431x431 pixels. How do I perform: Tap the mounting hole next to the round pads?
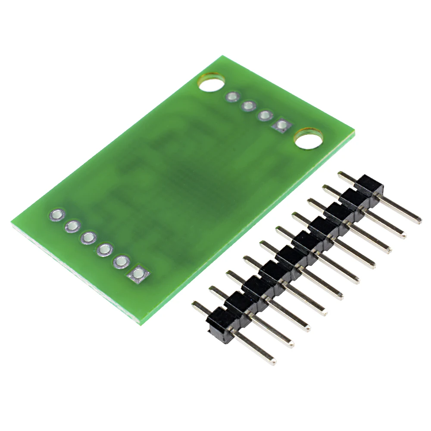pos(212,82)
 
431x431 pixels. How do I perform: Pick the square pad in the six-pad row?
pos(138,273)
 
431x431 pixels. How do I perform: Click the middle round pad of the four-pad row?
pos(249,105)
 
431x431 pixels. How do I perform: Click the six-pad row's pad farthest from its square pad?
pos(57,214)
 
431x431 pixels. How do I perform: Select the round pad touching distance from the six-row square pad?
pos(122,261)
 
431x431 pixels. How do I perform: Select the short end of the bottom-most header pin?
pos(195,304)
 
